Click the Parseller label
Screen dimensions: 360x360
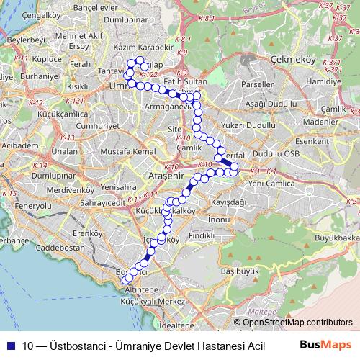pyautogui.click(x=259, y=84)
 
